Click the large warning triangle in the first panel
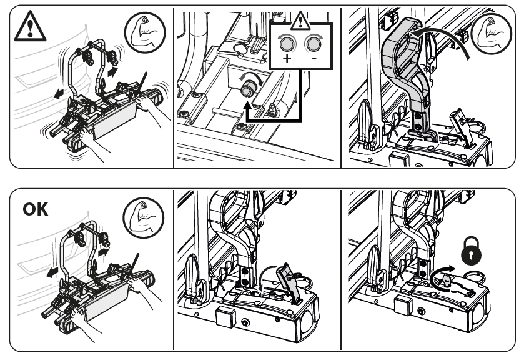(30, 27)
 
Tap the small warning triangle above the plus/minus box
(300, 21)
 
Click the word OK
(36, 209)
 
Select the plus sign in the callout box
(287, 58)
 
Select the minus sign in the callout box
(314, 59)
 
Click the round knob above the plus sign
(287, 43)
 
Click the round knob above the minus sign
(314, 43)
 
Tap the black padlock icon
(471, 251)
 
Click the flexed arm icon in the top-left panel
(145, 32)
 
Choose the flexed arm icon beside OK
(144, 218)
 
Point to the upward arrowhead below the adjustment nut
(249, 106)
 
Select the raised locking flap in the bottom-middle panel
(289, 281)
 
